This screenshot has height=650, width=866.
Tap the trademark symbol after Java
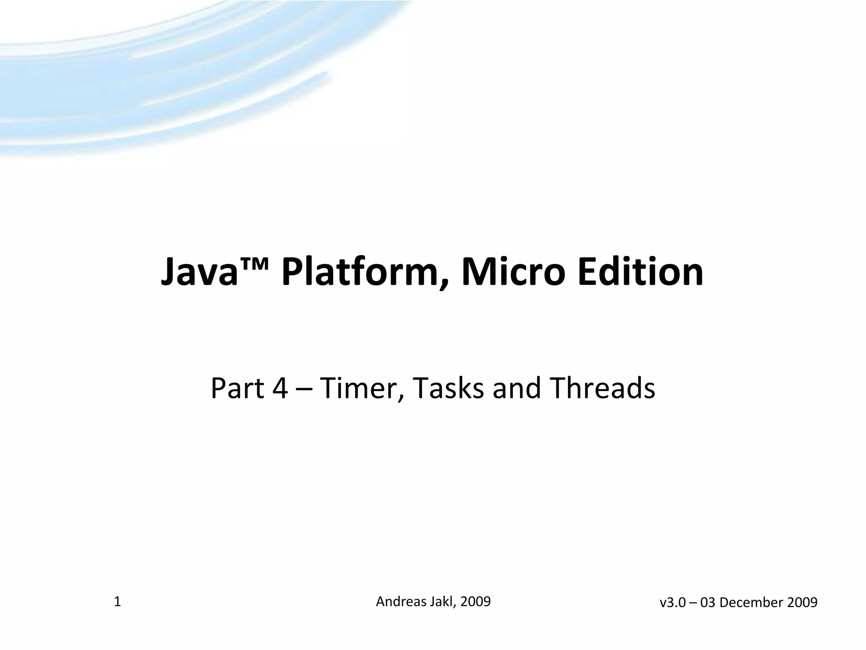(254, 264)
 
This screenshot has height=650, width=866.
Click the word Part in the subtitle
(237, 388)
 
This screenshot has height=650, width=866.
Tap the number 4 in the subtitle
(280, 388)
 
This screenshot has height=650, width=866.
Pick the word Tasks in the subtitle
(448, 388)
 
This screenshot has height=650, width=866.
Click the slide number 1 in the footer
(118, 602)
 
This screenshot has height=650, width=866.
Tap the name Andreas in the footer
(401, 601)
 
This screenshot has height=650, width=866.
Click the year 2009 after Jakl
(475, 601)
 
